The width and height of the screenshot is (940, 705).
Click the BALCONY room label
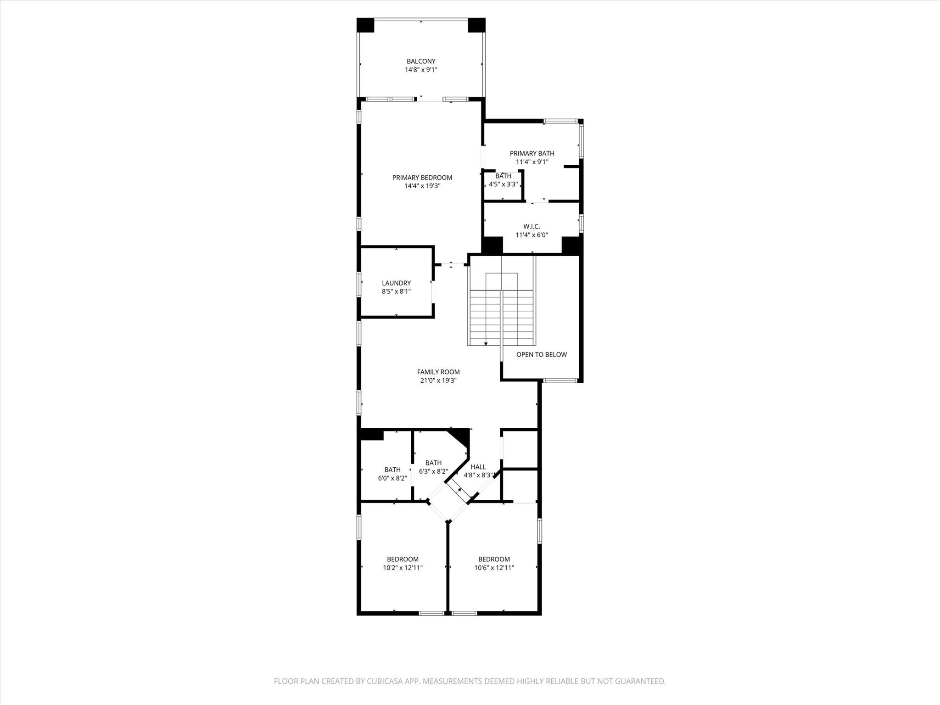click(x=421, y=61)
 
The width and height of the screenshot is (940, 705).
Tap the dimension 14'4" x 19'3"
click(x=422, y=186)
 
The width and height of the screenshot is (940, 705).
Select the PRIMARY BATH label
click(x=532, y=153)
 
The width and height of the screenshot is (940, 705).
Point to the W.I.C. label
click(x=532, y=226)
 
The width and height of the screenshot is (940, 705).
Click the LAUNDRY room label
click(x=396, y=283)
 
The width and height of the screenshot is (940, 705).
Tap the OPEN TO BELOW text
click(x=542, y=354)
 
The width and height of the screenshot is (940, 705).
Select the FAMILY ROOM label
click(x=438, y=372)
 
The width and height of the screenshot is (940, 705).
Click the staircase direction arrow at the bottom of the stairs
click(x=486, y=343)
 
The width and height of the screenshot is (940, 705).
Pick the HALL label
click(x=478, y=467)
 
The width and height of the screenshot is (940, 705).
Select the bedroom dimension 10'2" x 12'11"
click(x=403, y=568)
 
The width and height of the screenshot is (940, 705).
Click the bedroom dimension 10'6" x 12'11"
click(x=494, y=568)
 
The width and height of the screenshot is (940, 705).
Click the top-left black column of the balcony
click(x=366, y=25)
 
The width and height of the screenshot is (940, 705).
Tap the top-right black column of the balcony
click(x=476, y=25)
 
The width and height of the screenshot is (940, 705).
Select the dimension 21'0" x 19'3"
click(x=438, y=380)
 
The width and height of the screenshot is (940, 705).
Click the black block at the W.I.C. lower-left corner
click(x=492, y=245)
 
